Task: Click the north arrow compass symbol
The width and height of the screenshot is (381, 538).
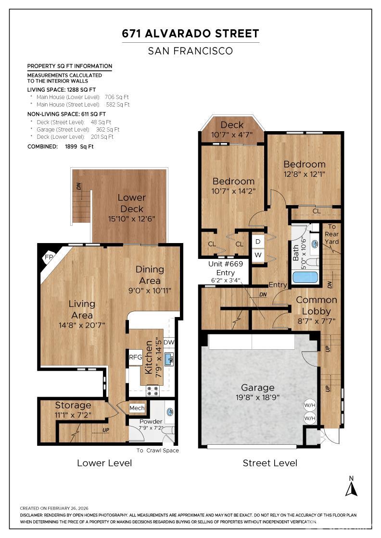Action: click(351, 487)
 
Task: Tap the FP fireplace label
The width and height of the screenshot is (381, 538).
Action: click(49, 257)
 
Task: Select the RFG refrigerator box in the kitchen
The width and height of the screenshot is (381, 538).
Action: click(135, 357)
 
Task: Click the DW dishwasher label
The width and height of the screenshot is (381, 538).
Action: click(169, 342)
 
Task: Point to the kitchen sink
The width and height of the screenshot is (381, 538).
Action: click(169, 360)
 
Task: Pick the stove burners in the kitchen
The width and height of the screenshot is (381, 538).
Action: click(153, 391)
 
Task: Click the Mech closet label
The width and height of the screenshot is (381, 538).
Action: click(137, 408)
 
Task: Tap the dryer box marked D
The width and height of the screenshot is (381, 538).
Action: click(258, 242)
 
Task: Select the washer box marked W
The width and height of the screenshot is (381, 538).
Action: click(258, 255)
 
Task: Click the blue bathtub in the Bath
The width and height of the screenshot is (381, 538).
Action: click(305, 277)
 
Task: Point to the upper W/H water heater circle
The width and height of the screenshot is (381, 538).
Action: click(309, 405)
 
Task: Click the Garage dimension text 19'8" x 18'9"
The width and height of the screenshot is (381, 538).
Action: click(255, 397)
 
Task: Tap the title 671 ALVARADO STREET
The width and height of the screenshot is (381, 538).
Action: click(190, 34)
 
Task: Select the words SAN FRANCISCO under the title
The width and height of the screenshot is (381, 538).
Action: click(190, 51)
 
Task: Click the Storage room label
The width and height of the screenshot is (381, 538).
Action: click(73, 405)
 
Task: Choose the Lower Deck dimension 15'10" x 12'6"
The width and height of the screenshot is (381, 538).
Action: click(132, 219)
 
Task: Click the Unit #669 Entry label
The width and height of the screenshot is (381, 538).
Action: click(225, 269)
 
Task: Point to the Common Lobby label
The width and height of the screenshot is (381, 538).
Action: click(316, 306)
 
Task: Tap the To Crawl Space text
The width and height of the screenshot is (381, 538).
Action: click(158, 451)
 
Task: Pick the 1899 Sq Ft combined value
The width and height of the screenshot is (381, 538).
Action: click(79, 147)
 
